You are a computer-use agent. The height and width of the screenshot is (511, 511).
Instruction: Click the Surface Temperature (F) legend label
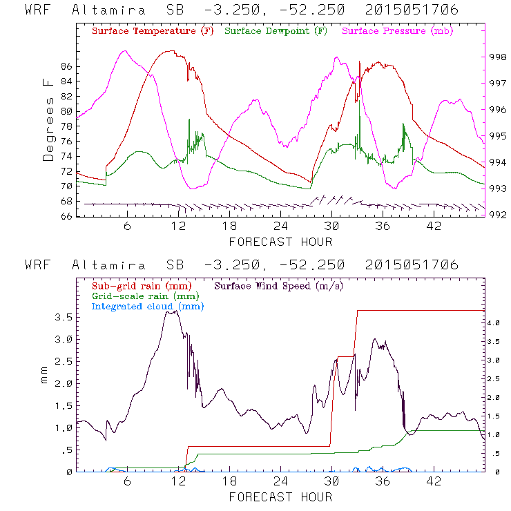[153, 32]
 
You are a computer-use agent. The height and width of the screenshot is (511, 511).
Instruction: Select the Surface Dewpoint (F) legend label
[276, 32]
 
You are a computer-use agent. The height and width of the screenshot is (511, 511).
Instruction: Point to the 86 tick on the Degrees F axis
[67, 66]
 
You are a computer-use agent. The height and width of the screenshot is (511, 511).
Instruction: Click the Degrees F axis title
[48, 119]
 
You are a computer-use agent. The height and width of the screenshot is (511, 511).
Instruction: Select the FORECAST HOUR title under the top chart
[280, 242]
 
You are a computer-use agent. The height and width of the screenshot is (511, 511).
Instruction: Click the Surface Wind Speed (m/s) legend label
[279, 285]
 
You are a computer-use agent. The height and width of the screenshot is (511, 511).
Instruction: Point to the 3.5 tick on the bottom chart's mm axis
[63, 317]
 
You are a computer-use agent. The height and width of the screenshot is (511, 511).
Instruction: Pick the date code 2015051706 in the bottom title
[412, 265]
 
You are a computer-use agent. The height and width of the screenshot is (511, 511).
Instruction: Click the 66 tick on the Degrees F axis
[67, 216]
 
